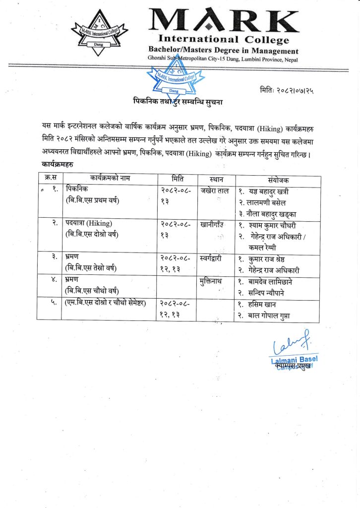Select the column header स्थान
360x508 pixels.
tap(215, 179)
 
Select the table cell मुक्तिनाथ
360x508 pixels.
tap(214, 281)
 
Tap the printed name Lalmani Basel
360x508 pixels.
tap(294, 359)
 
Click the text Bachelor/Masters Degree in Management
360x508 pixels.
tap(224, 51)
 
